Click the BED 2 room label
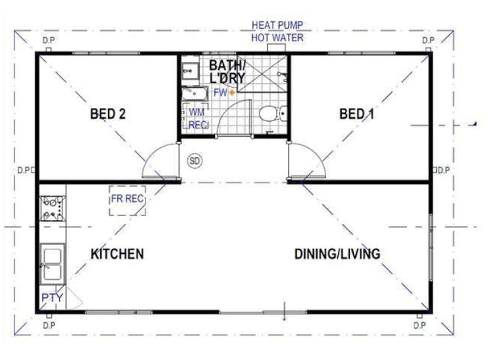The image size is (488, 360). pos(107,114)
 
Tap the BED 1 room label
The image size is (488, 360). pos(356,114)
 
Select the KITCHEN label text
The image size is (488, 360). pos(117,254)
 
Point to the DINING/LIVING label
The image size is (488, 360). pos(337,254)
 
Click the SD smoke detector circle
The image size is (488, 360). pos(195,161)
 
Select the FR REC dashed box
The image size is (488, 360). pos(127,200)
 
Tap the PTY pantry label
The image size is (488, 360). pos(52,298)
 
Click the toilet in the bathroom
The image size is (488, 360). pos(273,113)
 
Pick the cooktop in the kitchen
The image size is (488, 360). pos(52,208)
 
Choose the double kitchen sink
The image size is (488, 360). pos(52,264)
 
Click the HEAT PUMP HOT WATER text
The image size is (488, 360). pos(277,31)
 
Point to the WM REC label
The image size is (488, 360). pos(197,118)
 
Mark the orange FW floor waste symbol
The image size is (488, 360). pos(232,92)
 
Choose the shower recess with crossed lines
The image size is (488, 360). pos(262,74)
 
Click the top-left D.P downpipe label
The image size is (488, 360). pos(48,41)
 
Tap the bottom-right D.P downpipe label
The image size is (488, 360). pos(420,325)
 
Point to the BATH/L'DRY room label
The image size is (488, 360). pos(227,71)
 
